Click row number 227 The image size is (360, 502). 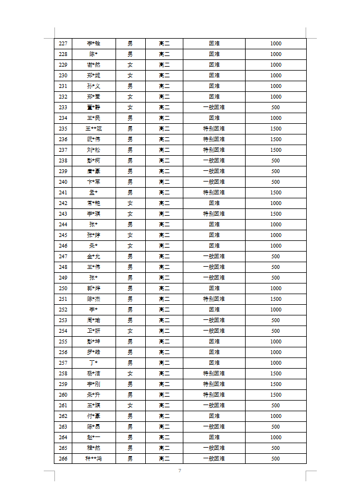pos(63,44)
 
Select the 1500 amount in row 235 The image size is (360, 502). pos(275,129)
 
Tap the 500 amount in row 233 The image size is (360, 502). pos(275,108)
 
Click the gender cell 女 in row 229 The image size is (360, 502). pos(130,65)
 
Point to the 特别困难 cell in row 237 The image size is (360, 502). pos(214,150)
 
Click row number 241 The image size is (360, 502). pos(63,193)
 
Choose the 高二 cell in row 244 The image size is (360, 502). pos(164,225)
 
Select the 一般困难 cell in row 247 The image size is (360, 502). pos(214,257)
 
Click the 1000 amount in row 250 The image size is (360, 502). pos(275,289)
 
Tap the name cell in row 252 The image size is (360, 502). pos(94,310)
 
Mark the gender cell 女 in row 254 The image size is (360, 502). pos(130,331)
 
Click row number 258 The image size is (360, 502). pos(63,374)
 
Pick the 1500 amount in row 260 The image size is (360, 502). pos(275,395)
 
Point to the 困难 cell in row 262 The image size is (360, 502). pos(214,416)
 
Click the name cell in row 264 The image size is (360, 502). pos(94,438)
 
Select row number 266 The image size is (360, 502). pos(63,459)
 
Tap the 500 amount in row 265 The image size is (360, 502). pos(275,448)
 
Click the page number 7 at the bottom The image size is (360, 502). pos(179,471)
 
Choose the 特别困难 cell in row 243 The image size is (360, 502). pos(214,214)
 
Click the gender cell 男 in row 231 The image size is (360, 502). pos(130,86)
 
